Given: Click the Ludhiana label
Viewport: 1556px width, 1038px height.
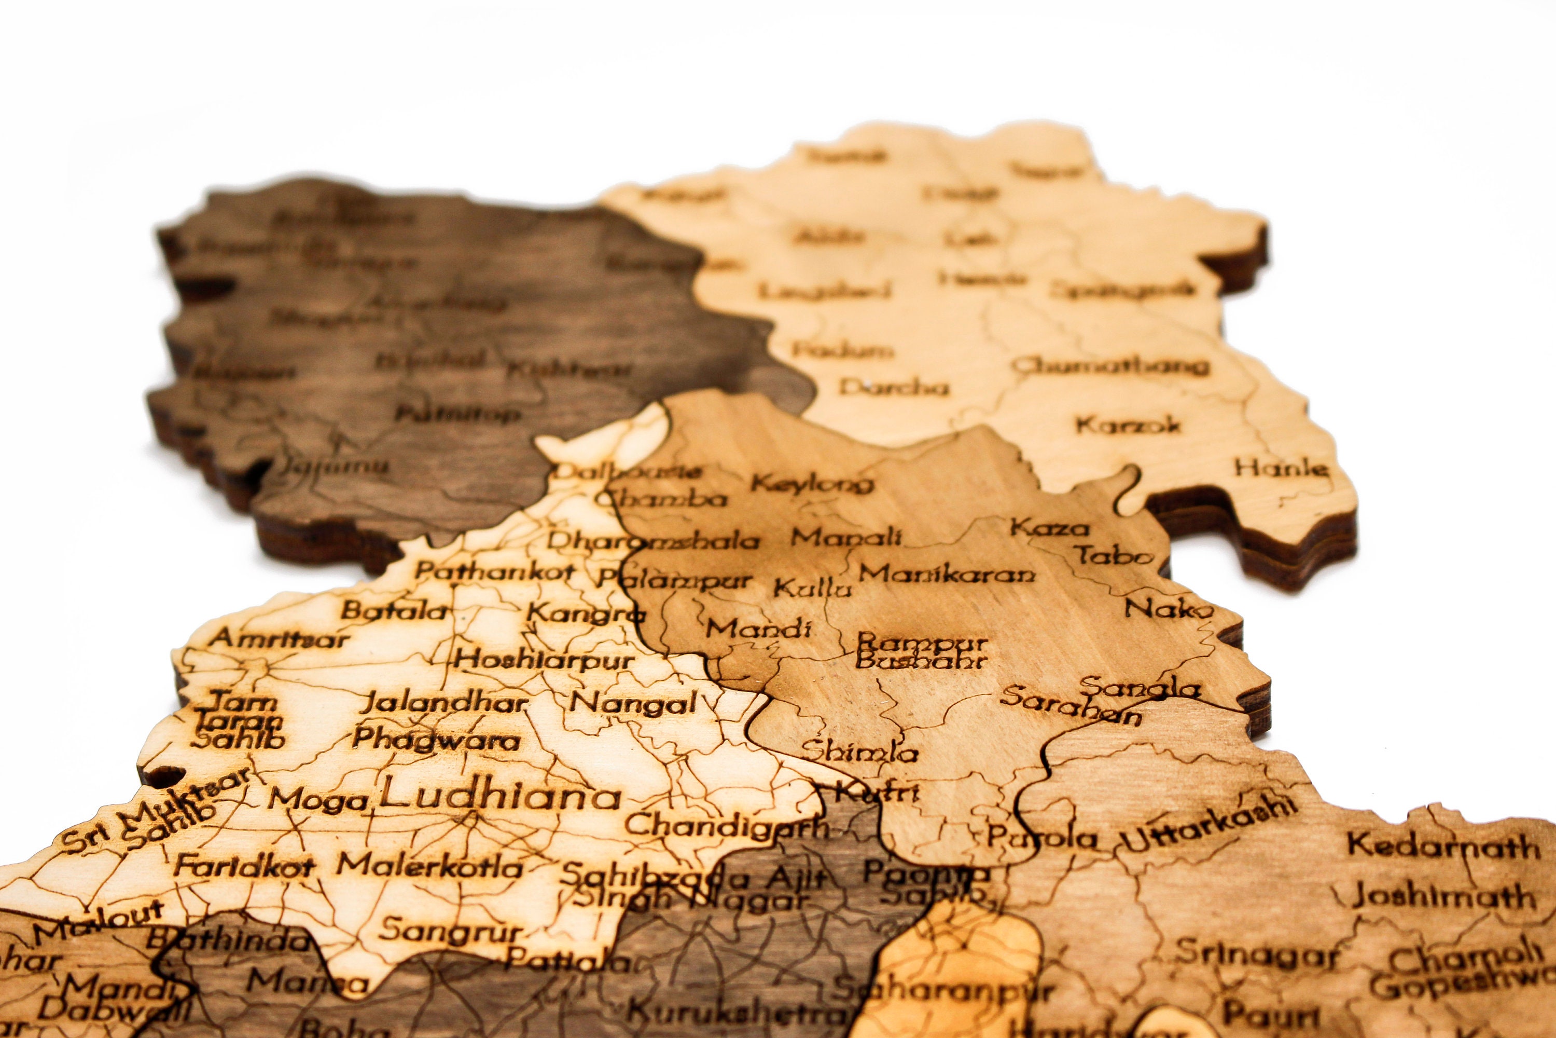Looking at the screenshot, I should pyautogui.click(x=499, y=796).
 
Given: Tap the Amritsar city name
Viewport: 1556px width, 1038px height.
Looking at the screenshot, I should pyautogui.click(x=279, y=639).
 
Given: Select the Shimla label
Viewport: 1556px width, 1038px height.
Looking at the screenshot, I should pyautogui.click(x=859, y=752).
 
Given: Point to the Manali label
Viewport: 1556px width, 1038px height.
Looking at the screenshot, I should pyautogui.click(x=847, y=536).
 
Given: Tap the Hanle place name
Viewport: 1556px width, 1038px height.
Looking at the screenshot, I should pyautogui.click(x=1282, y=469).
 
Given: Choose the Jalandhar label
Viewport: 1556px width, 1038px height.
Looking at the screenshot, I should pyautogui.click(x=443, y=702).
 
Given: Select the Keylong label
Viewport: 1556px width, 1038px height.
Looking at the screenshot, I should pyautogui.click(x=812, y=484).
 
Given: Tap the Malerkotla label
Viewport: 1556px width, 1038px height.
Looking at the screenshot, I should pyautogui.click(x=430, y=865).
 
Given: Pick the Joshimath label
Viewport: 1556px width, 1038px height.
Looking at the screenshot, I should pyautogui.click(x=1443, y=897).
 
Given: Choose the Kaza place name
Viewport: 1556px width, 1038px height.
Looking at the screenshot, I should pyautogui.click(x=1049, y=528).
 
